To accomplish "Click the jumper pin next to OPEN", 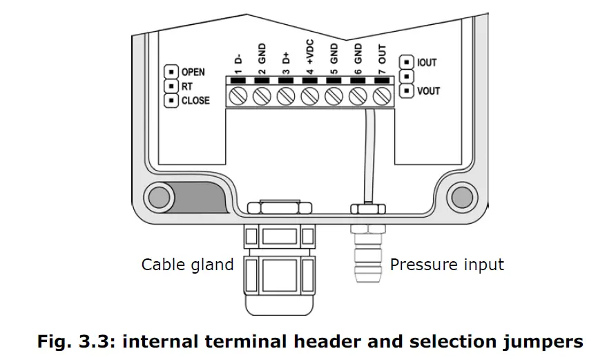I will pos(170,72).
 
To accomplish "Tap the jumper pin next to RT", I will pos(170,86).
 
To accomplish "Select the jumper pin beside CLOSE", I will pos(170,101).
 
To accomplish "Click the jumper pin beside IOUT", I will pos(407,62).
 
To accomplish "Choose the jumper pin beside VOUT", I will pos(407,91).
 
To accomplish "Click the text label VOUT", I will pos(428,91).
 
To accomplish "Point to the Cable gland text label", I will pos(187,265).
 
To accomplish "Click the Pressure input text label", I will pos(447,265).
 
